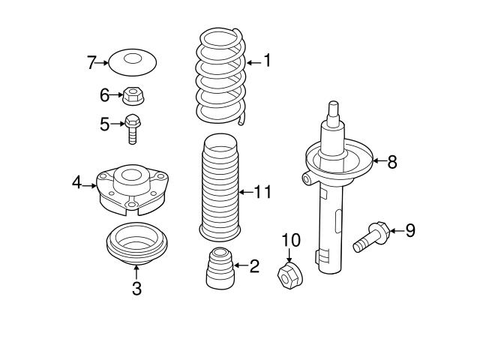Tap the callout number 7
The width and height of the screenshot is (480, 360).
point(91,63)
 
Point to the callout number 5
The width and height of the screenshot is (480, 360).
point(105,124)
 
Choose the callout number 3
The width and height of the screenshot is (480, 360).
point(136,289)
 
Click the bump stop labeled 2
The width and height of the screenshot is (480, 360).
point(219,268)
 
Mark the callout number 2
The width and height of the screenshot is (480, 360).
point(254,265)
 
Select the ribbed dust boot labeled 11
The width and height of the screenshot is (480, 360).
point(219,187)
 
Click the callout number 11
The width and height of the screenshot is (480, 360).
point(261,193)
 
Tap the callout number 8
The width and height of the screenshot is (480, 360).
point(391,161)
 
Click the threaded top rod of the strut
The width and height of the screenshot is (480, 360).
point(334,112)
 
